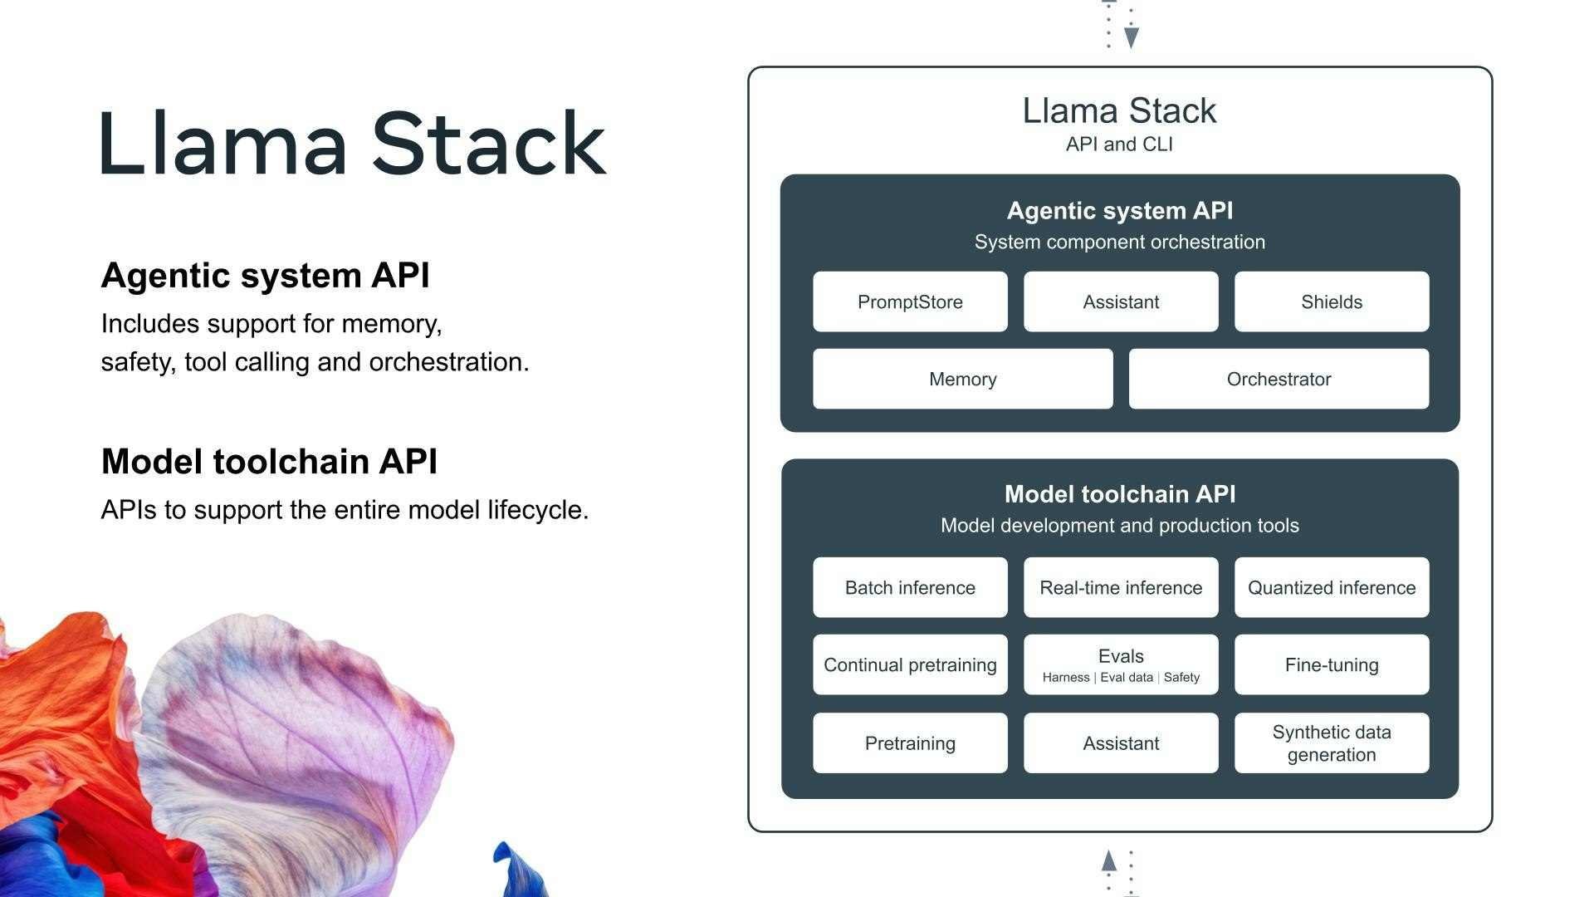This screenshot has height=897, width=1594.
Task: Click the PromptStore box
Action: click(910, 302)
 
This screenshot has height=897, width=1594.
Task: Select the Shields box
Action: click(1332, 302)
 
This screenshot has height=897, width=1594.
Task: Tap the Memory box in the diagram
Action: click(962, 380)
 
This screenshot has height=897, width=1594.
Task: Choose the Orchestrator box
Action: click(1279, 380)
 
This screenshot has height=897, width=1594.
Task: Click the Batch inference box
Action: click(910, 588)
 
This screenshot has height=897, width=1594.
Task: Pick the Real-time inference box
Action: click(1121, 588)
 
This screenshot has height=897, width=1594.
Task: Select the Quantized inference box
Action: click(1332, 588)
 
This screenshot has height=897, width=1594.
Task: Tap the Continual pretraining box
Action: click(910, 665)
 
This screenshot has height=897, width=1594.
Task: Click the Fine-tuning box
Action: click(1332, 665)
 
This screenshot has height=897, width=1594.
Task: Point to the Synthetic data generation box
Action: click(1332, 743)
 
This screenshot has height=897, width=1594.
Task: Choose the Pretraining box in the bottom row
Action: click(910, 743)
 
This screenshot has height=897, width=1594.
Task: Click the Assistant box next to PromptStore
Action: click(1121, 302)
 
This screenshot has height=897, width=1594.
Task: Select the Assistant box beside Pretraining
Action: click(1121, 743)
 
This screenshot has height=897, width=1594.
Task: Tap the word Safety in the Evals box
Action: click(1181, 678)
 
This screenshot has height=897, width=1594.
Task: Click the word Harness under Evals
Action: click(1066, 678)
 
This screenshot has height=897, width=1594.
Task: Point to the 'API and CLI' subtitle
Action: click(1119, 145)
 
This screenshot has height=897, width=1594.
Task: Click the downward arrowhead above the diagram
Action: click(1131, 37)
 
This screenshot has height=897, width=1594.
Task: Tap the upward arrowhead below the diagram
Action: click(1109, 860)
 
